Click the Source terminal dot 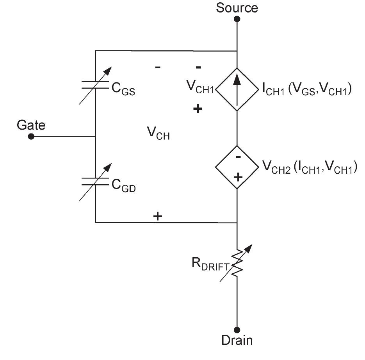pyautogui.click(x=237, y=18)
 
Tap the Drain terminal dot pyautogui.click(x=237, y=330)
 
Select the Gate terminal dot pyautogui.click(x=31, y=137)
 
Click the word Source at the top pyautogui.click(x=237, y=7)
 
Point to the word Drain pyautogui.click(x=237, y=340)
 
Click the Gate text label pyautogui.click(x=31, y=125)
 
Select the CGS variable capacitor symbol pyautogui.click(x=96, y=85)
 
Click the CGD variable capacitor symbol pyautogui.click(x=96, y=181)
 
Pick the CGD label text pyautogui.click(x=124, y=185)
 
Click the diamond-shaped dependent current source pyautogui.click(x=237, y=89)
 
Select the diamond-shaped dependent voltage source pyautogui.click(x=237, y=167)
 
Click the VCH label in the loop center pyautogui.click(x=158, y=134)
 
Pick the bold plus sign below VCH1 pyautogui.click(x=198, y=109)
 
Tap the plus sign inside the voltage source pyautogui.click(x=237, y=177)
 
